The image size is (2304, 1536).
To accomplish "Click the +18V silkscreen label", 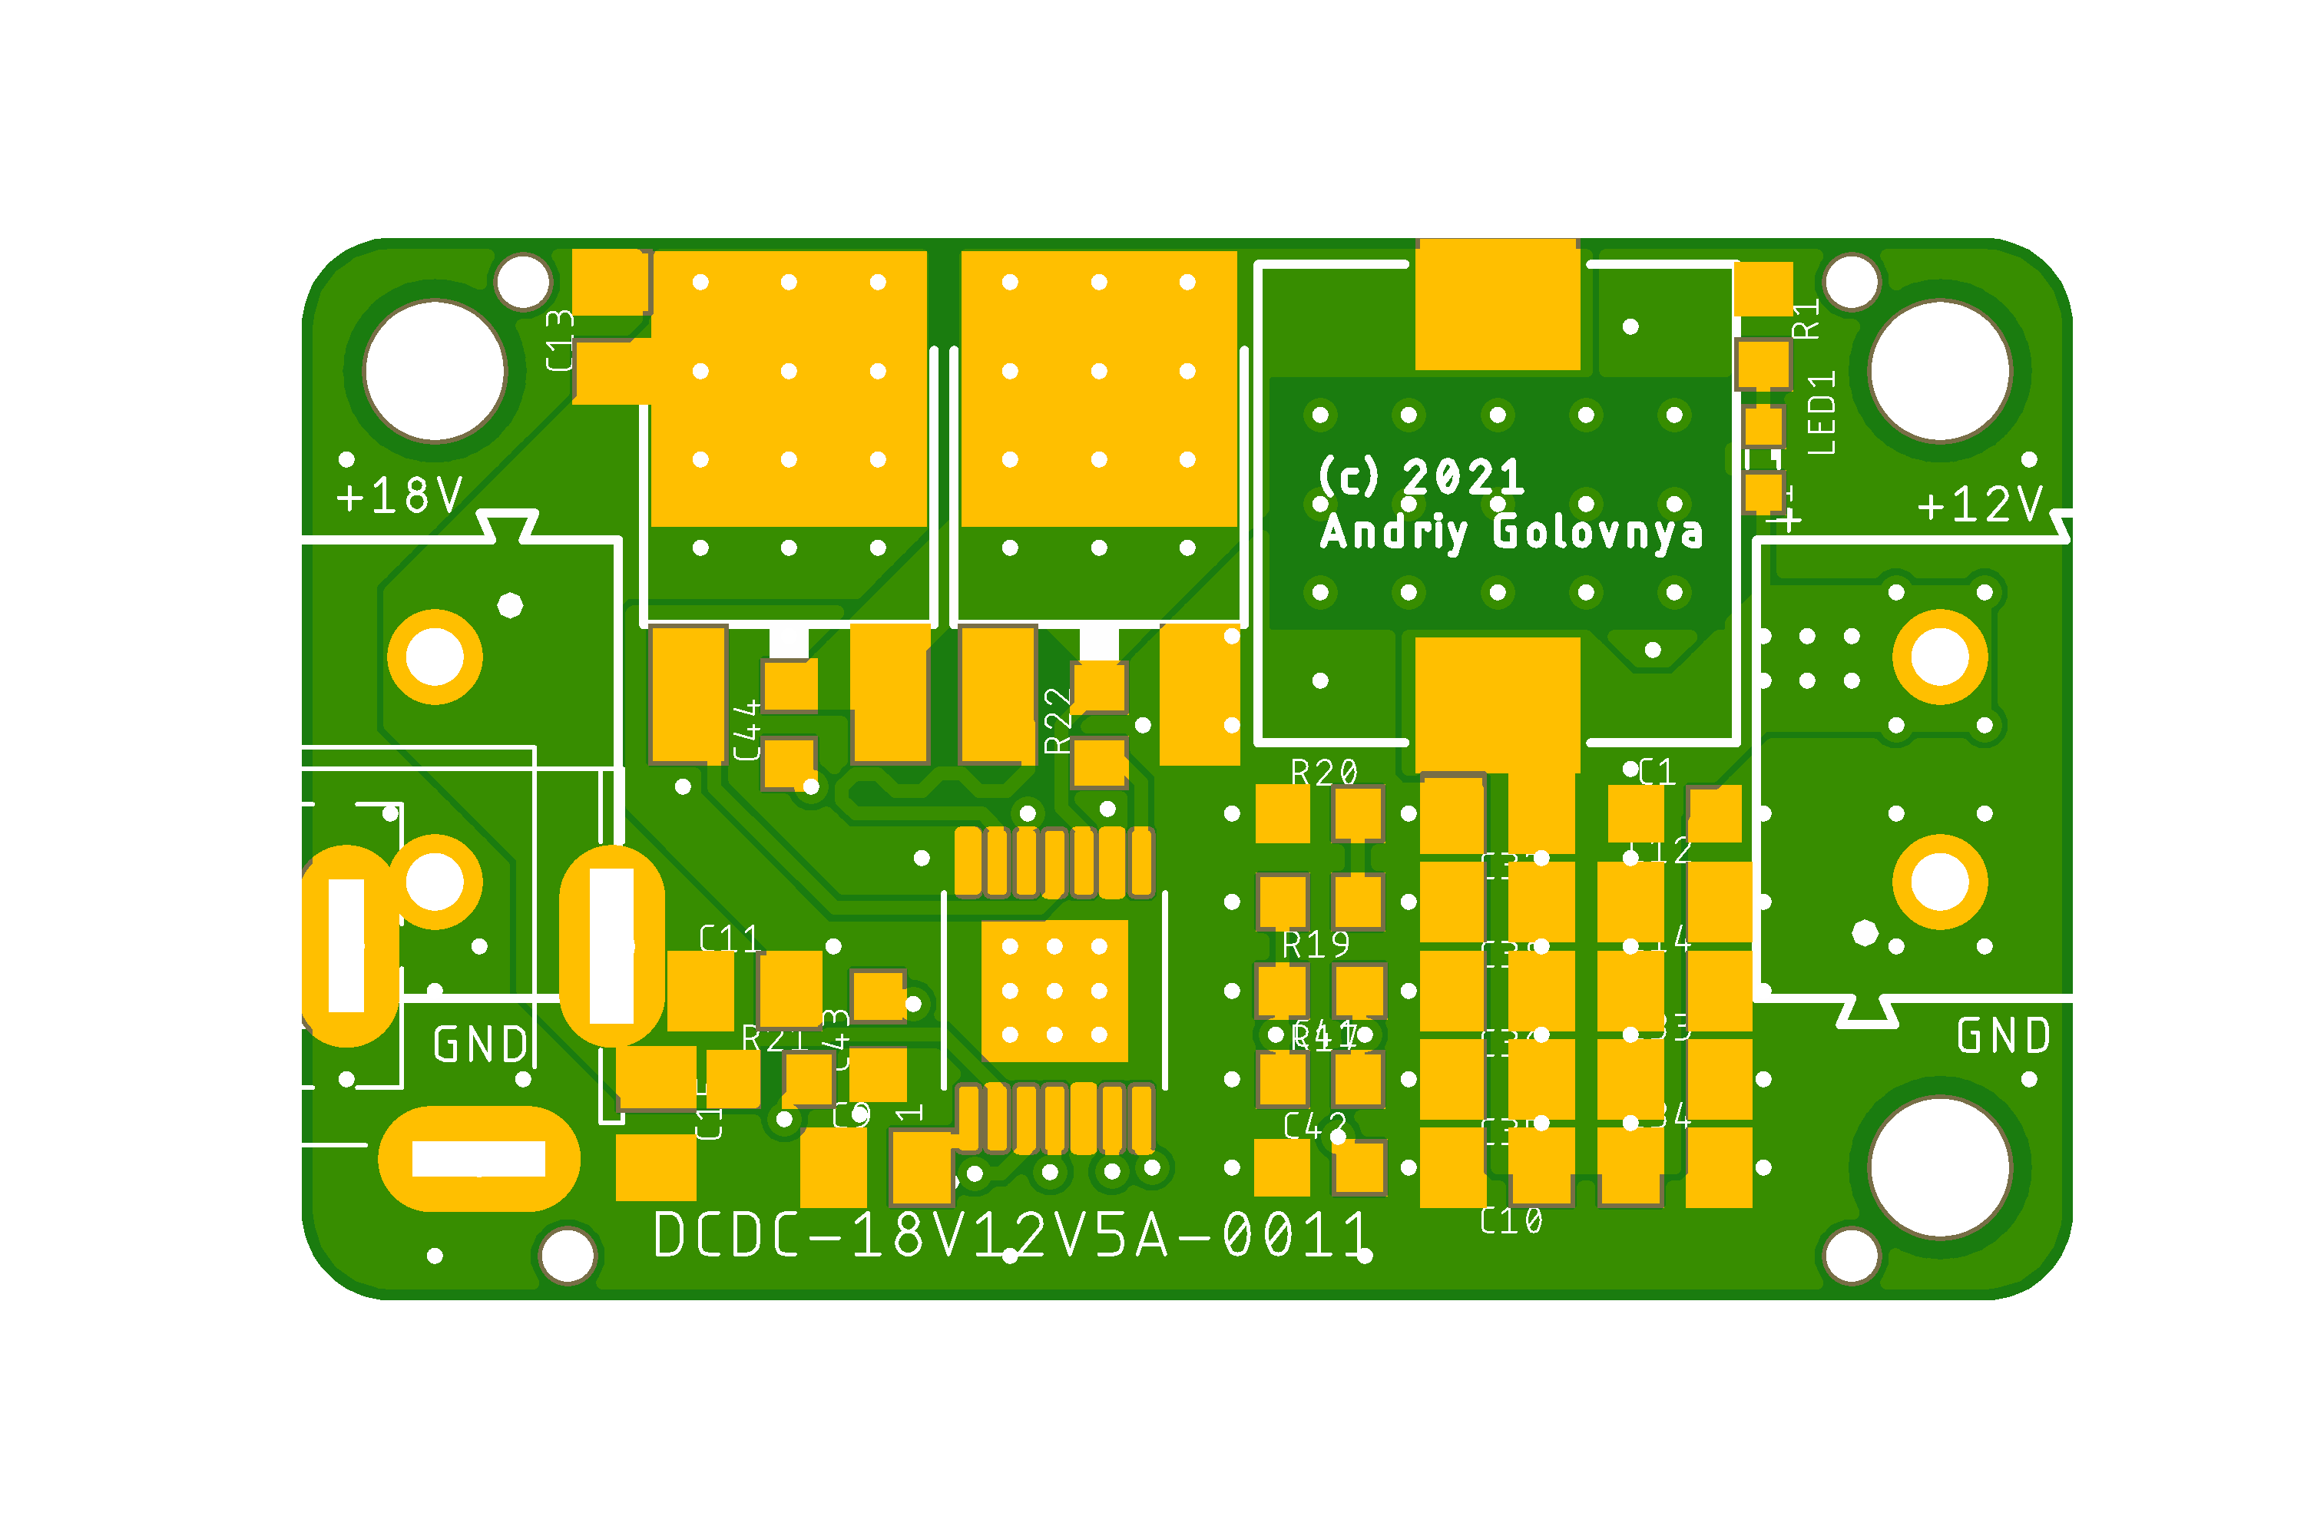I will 399,495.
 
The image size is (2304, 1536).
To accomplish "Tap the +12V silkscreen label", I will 1981,505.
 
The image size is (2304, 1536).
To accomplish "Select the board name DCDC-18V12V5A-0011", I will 1011,1235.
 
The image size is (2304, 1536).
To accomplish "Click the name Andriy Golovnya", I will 1511,533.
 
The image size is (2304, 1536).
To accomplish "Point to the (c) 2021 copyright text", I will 1420,477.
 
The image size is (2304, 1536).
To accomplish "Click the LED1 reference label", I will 1821,412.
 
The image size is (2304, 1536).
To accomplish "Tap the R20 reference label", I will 1324,773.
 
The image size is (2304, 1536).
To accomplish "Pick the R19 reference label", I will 1316,945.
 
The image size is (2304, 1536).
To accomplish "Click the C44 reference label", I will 747,730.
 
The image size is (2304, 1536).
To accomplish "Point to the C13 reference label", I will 559,340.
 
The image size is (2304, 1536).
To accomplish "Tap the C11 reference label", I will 730,939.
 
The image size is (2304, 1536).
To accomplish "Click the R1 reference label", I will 1806,319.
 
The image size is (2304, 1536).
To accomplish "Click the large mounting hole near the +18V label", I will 435,371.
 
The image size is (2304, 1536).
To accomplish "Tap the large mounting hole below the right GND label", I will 1940,1167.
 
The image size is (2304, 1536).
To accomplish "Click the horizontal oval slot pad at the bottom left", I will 479,1159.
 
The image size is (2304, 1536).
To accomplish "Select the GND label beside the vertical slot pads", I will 480,1044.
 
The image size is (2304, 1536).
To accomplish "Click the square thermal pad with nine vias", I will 1054,991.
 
